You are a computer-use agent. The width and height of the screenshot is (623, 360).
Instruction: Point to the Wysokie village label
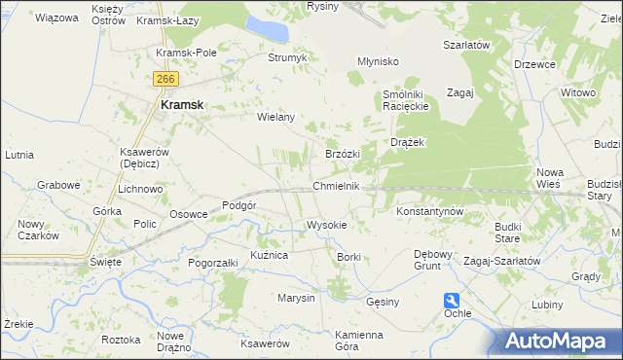[x=326, y=225]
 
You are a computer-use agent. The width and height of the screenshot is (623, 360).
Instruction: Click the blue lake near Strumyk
[x=269, y=28]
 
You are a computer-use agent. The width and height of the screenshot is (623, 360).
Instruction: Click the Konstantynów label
[x=429, y=210]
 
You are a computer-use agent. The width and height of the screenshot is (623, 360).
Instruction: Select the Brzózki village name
[x=343, y=154]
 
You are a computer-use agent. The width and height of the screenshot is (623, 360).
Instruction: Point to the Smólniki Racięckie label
[x=406, y=100]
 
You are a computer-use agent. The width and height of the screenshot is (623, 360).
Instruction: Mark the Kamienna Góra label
[x=332, y=341]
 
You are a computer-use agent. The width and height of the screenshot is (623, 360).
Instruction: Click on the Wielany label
[x=275, y=117]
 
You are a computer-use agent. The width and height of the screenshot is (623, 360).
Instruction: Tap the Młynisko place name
[x=378, y=61]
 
